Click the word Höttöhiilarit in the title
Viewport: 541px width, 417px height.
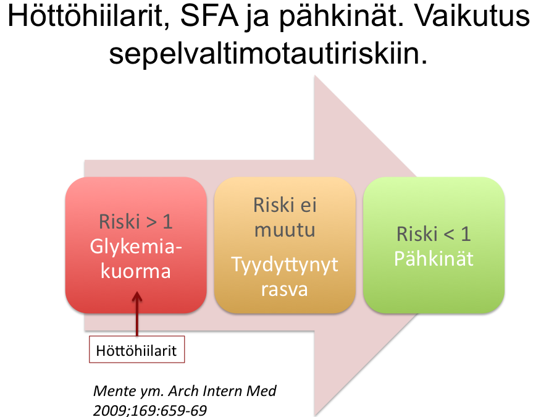[x=85, y=16]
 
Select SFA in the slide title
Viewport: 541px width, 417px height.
[x=209, y=16]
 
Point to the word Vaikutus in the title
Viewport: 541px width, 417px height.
[x=472, y=16]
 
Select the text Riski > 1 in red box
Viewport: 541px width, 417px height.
[x=136, y=221]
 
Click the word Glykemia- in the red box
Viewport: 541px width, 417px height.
[x=136, y=248]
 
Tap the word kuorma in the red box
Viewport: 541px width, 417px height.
[x=136, y=271]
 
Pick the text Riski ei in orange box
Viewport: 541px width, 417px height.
[x=285, y=205]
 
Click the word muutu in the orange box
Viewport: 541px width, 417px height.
[x=285, y=230]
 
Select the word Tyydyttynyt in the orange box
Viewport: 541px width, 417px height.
[x=285, y=266]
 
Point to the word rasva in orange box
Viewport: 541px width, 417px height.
[x=284, y=290]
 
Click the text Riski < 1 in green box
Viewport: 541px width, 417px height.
[x=434, y=234]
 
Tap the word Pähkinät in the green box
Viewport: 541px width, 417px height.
[x=434, y=258]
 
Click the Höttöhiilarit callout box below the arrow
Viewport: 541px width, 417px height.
[x=137, y=349]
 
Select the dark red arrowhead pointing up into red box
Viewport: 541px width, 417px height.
[x=137, y=297]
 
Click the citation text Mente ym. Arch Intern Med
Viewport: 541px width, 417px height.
[x=185, y=391]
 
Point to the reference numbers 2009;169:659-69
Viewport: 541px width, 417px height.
[x=149, y=410]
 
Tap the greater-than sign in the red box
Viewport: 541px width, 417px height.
[x=152, y=222]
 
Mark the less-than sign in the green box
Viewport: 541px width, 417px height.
[x=449, y=234]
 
